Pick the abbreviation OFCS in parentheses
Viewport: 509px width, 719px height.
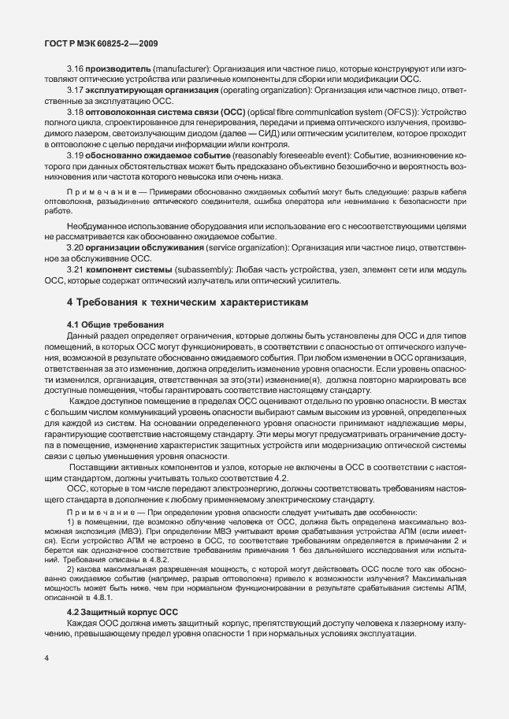click(x=395, y=112)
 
